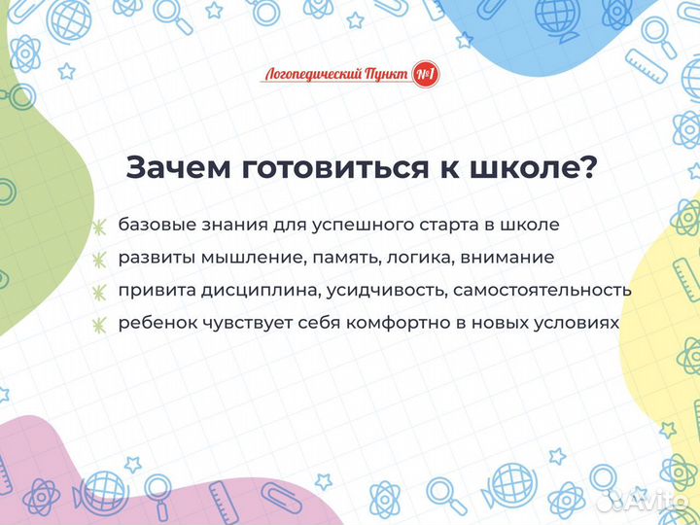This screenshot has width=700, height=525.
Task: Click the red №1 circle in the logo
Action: click(425, 74)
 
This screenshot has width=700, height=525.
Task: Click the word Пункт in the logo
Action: click(385, 74)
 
